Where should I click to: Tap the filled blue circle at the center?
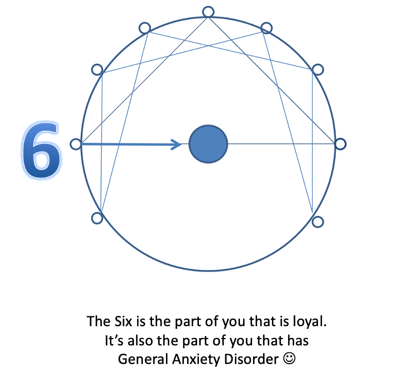coord(208,144)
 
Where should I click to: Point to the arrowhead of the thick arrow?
coord(176,144)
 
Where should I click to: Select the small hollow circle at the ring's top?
coord(208,12)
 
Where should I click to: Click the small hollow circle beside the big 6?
coord(76,144)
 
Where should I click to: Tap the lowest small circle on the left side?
coord(97,219)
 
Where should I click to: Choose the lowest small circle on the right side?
coord(318,221)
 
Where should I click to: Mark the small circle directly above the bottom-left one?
coord(97,69)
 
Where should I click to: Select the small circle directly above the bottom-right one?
coord(318,69)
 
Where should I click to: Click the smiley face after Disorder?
coord(290,359)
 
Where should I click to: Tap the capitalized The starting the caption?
coord(96,321)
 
